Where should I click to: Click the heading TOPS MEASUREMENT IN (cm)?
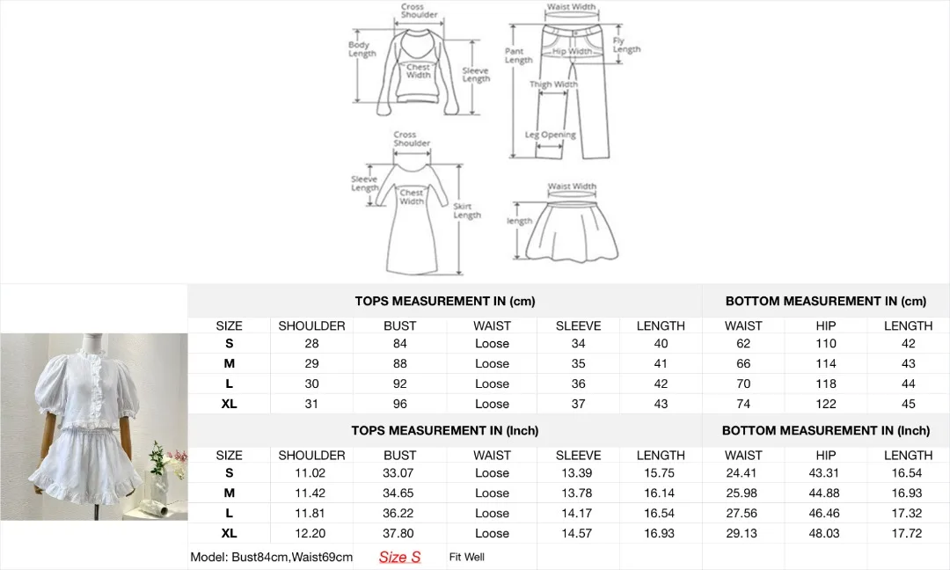[x=444, y=301]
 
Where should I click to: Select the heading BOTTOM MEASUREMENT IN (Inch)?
[x=825, y=430]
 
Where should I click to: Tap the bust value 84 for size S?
[x=400, y=343]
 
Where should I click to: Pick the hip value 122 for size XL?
[x=826, y=404]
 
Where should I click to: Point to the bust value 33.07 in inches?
[x=400, y=472]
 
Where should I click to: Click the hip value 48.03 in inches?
[x=826, y=533]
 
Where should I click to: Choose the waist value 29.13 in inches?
[x=743, y=533]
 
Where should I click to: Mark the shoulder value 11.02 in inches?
[x=311, y=472]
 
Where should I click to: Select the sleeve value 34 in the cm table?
[x=578, y=343]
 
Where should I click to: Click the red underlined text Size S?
[x=399, y=557]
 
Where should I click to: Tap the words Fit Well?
[x=466, y=557]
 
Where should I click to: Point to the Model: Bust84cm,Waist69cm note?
[x=271, y=557]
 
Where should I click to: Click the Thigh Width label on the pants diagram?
[x=553, y=85]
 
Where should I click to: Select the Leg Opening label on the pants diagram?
[x=551, y=135]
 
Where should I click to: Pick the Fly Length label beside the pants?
[x=626, y=45]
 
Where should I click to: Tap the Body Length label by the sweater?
[x=362, y=49]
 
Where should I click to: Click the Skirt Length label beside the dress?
[x=466, y=211]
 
